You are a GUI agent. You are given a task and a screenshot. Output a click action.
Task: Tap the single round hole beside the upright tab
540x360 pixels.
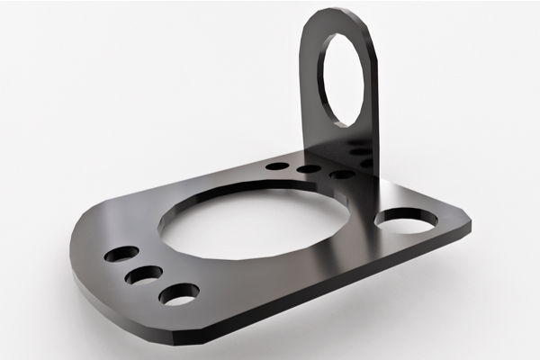point(406,219)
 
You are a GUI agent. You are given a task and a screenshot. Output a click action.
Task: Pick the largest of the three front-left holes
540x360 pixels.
point(179,293)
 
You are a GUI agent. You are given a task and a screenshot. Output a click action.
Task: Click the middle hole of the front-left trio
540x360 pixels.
point(144,274)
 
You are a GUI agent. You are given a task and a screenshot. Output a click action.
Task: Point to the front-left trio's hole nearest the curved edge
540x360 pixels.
point(121,255)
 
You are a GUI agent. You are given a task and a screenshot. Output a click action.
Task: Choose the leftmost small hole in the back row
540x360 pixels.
point(278,166)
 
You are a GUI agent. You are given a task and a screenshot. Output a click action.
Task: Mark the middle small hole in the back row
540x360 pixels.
point(309,169)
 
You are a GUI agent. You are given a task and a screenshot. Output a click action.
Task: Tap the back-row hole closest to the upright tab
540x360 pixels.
point(342,174)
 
